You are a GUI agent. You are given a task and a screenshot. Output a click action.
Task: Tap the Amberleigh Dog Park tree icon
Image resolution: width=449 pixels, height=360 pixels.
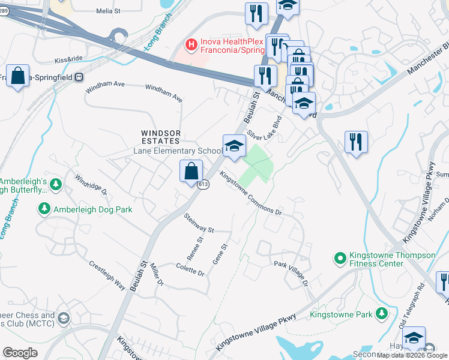[44, 209]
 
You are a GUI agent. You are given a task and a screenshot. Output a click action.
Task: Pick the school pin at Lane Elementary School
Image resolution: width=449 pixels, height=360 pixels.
[234, 146]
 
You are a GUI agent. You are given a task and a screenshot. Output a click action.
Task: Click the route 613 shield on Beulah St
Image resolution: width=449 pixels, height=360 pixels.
[203, 185]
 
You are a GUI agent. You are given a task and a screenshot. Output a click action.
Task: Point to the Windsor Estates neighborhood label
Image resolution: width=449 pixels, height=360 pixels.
[160, 137]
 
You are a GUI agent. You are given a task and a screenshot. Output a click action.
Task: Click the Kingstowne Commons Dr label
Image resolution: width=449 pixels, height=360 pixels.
[250, 193]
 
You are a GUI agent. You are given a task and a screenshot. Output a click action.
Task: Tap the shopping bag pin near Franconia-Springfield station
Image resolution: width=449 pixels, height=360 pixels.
[18, 77]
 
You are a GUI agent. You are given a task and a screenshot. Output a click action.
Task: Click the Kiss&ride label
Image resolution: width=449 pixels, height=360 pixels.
[67, 61]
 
